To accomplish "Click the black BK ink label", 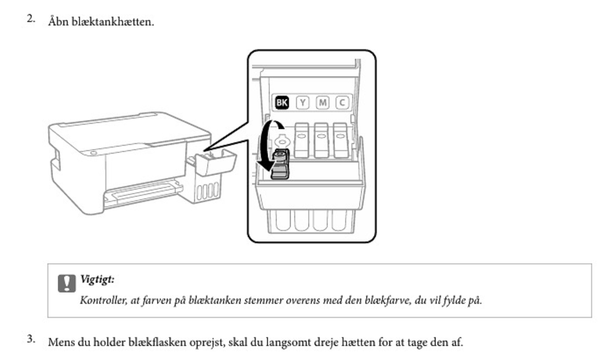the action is click(x=282, y=103).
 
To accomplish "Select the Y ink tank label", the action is click(x=303, y=103).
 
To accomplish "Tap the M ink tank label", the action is click(x=322, y=103).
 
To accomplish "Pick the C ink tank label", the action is click(x=342, y=103).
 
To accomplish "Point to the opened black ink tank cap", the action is click(x=280, y=164).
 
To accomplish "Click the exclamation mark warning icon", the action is click(x=67, y=283).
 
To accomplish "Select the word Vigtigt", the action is click(x=98, y=279).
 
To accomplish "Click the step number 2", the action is click(x=31, y=19).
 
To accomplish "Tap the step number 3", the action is click(x=31, y=338).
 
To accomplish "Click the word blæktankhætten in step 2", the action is click(x=113, y=22).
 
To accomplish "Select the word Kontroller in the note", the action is click(x=104, y=300).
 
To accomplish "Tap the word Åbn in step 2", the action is click(x=58, y=21).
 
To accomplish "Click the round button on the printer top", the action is click(x=94, y=153).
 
